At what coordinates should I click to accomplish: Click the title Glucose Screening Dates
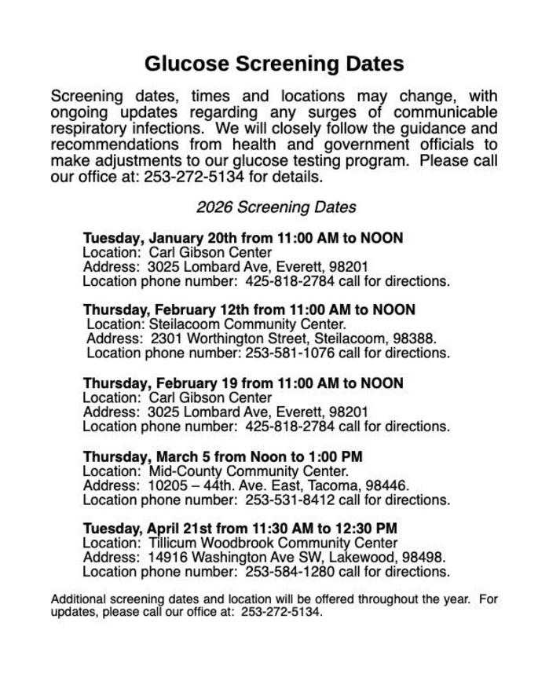(x=274, y=63)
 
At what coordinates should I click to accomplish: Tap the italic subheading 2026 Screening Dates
(x=276, y=207)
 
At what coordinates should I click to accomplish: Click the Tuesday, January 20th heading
(x=243, y=237)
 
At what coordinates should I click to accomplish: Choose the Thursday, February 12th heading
(x=249, y=309)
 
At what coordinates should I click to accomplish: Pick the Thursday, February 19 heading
(x=243, y=383)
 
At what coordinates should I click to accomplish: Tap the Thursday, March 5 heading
(x=222, y=456)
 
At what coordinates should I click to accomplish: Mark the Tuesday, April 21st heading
(x=240, y=528)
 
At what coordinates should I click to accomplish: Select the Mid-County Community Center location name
(x=248, y=471)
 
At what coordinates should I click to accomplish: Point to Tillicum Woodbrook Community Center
(x=273, y=543)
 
